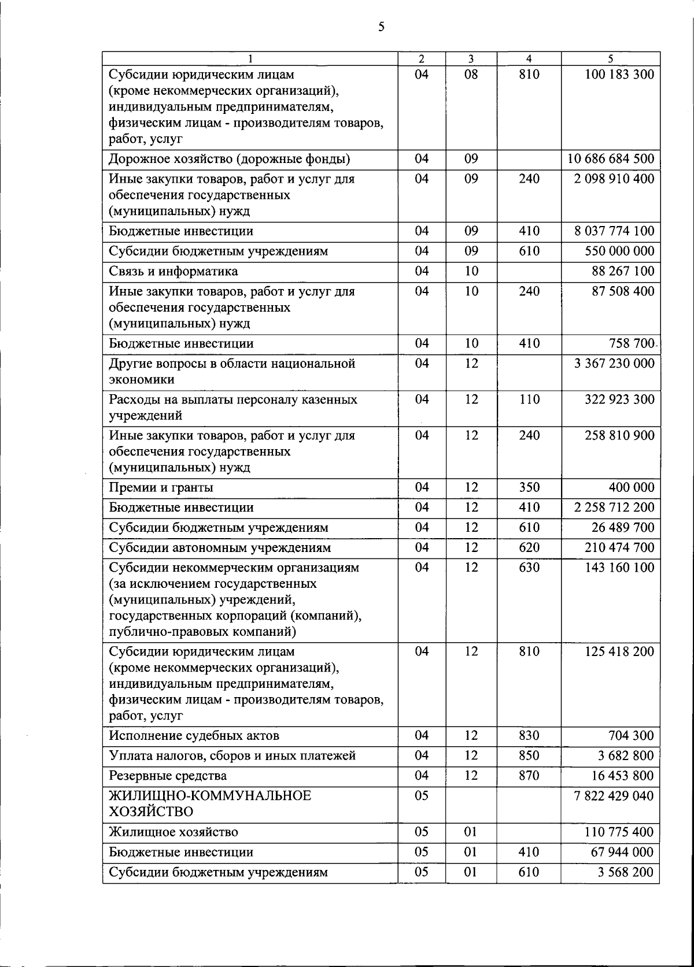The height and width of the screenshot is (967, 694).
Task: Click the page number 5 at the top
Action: [x=381, y=27]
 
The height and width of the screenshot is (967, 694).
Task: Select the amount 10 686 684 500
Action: [x=611, y=159]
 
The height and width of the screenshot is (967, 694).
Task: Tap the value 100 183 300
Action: [x=619, y=75]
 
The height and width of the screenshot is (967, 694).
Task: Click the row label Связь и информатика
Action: [x=173, y=271]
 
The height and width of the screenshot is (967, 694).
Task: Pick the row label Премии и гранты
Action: [x=161, y=487]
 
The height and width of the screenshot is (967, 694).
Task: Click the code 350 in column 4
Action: [x=529, y=487]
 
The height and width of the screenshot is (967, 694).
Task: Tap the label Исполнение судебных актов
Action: [x=194, y=736]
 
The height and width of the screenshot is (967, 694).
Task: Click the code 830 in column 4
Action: [x=529, y=736]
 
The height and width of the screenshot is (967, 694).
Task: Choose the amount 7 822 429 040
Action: [x=614, y=796]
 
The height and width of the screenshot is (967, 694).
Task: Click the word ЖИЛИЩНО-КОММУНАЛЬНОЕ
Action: [x=210, y=796]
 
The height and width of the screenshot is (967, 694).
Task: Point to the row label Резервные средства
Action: [x=168, y=776]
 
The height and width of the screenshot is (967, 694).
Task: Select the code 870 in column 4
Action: [x=529, y=776]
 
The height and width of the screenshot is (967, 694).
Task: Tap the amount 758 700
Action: [x=631, y=343]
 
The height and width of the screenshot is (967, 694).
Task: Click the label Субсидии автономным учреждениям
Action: [x=220, y=547]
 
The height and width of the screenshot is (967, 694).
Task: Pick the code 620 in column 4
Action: [x=529, y=547]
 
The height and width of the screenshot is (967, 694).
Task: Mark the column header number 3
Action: [x=471, y=58]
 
